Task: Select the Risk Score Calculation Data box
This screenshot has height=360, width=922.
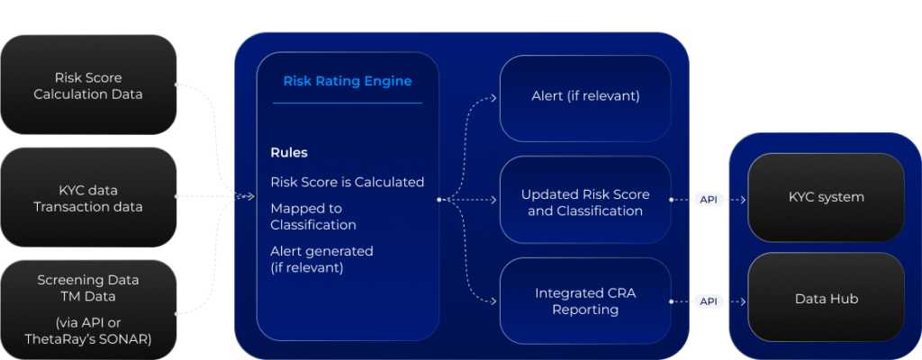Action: point(87,85)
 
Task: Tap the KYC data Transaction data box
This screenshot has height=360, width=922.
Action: point(87,198)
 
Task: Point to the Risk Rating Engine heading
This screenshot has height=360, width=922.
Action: point(348,81)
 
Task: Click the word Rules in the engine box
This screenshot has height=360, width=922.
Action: point(289,153)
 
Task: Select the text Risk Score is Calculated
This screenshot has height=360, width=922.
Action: point(347,182)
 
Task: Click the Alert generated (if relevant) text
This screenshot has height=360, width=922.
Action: point(321,259)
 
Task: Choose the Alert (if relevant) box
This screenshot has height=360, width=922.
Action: point(585,96)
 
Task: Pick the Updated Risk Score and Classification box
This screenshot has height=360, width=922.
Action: point(585,202)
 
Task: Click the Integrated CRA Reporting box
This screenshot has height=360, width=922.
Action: point(585,301)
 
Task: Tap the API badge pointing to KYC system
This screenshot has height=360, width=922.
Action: point(710,199)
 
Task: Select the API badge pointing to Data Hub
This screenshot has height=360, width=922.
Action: point(710,301)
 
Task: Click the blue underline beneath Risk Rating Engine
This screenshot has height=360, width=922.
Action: point(348,103)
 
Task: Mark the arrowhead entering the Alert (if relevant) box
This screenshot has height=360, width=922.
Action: point(495,96)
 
